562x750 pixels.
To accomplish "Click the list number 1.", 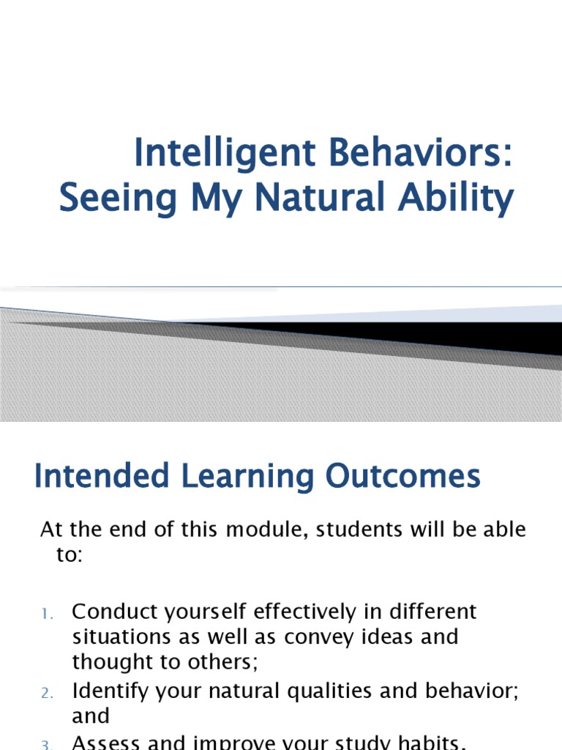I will (x=46, y=613).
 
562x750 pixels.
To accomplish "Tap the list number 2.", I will (x=46, y=693).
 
